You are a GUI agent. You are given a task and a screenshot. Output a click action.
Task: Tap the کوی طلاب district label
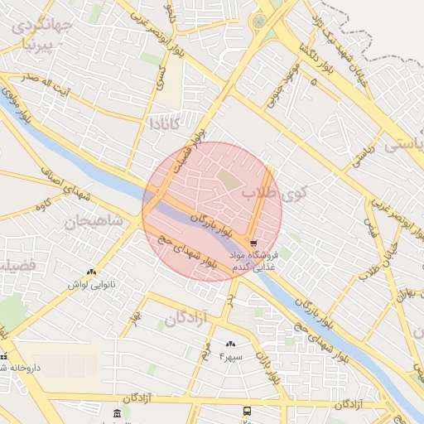coord(274,194)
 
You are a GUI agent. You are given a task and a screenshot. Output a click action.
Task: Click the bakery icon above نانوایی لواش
coord(91,272)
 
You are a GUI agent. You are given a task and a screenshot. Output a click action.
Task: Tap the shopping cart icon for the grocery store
coord(253,232)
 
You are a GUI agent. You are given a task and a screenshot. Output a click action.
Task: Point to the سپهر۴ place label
coord(231,357)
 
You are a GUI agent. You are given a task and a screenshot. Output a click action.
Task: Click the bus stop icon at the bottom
coord(247,411)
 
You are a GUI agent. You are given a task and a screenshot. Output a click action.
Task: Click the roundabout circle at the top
coord(262,21)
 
